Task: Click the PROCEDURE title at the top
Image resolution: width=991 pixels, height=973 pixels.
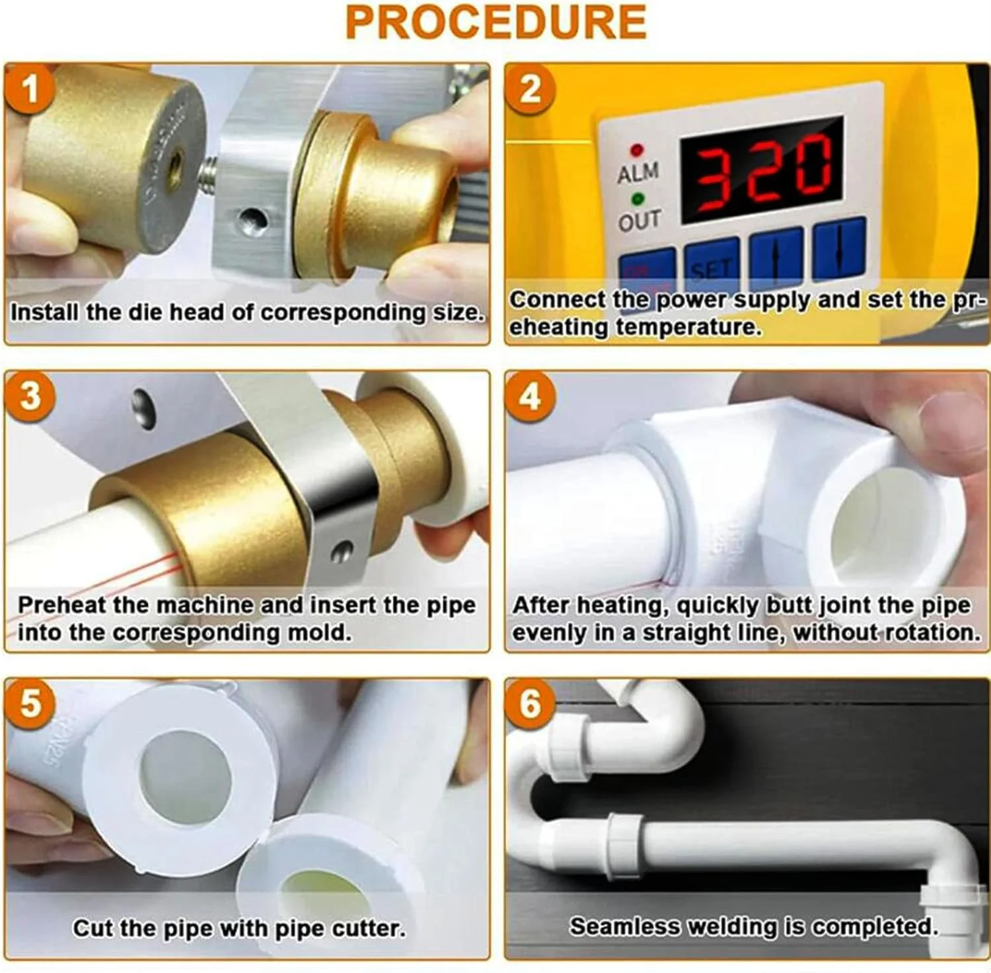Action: [495, 22]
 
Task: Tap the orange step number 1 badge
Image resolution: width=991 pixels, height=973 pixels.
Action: [30, 89]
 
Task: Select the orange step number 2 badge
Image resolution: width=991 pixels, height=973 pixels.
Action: [530, 89]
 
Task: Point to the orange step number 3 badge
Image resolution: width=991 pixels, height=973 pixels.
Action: [30, 396]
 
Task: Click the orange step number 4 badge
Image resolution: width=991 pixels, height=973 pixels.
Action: [530, 396]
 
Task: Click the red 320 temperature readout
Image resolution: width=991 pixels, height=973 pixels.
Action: [764, 171]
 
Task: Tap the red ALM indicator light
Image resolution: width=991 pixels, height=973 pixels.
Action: [638, 150]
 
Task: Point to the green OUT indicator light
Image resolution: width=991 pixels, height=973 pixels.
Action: [638, 198]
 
